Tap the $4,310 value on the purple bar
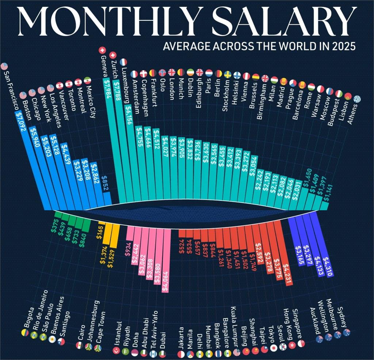[327, 267]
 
